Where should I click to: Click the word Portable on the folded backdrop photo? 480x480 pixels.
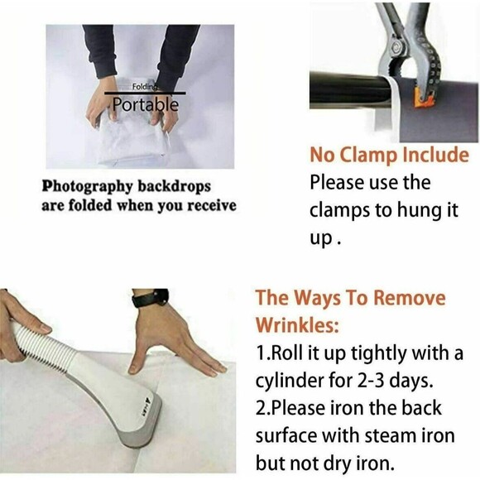point(145,104)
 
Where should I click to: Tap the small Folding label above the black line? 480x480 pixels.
point(145,87)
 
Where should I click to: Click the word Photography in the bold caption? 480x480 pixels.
point(87,187)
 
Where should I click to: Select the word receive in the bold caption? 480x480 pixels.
point(212,205)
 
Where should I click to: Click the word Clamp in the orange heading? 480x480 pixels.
point(368,156)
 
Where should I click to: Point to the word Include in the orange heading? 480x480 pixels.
point(435,155)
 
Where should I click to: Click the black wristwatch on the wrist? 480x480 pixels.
point(151,298)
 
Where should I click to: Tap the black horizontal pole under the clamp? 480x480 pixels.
point(350,90)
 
